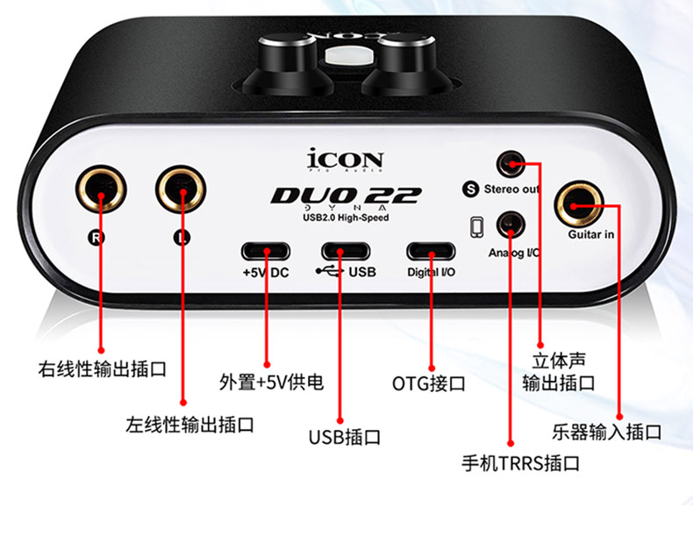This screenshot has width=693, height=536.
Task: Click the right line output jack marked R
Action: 101,189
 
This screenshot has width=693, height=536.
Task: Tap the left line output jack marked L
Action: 181,189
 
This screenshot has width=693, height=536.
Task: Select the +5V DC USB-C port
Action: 266,252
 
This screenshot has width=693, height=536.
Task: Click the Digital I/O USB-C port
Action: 431,252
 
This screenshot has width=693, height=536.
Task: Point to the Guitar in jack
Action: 580,204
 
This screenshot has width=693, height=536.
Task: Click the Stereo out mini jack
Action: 511,164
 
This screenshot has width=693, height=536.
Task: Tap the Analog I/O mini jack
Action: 511,225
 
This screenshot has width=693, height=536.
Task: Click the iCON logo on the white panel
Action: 345,160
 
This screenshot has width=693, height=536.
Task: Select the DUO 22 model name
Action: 346,196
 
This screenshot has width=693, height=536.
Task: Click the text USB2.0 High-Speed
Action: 346,218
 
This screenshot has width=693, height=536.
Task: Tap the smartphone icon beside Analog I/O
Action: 477,227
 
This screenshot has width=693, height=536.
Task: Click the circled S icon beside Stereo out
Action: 471,189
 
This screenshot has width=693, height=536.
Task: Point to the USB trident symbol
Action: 330,271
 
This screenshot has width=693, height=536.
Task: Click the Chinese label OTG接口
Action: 429,383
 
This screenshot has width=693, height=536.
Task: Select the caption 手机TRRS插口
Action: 521,463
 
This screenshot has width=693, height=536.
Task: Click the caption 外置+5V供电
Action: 271,382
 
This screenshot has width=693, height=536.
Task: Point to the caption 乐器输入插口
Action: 607,432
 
